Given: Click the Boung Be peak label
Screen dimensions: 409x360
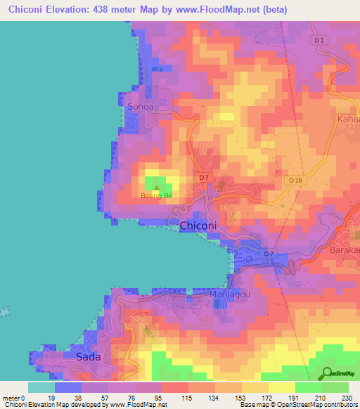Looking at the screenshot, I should click(x=156, y=195).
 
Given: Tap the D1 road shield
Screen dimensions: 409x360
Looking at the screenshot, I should click(x=320, y=40).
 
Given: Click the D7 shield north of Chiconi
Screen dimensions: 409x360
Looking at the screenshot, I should click(x=203, y=177).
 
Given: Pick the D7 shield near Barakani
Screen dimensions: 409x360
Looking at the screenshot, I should click(x=268, y=253).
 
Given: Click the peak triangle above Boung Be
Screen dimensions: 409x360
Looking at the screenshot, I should click(x=156, y=187).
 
